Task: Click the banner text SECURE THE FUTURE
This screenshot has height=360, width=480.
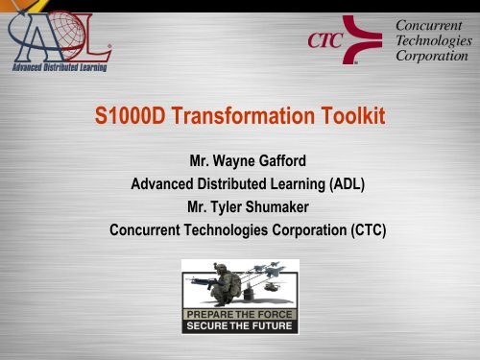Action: tap(241, 324)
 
